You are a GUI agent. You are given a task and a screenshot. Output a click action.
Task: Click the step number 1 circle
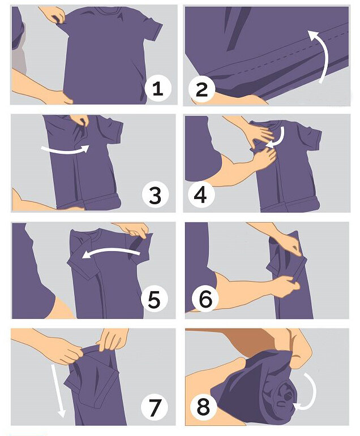[x=158, y=89]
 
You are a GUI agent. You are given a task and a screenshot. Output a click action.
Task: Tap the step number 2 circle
[x=202, y=89]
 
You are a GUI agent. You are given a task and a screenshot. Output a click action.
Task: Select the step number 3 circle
[x=155, y=195]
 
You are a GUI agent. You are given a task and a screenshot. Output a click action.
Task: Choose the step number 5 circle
[x=155, y=300]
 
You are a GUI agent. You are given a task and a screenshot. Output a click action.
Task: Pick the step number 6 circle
[x=205, y=299]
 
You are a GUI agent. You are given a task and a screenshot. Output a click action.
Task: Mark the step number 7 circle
[x=155, y=407]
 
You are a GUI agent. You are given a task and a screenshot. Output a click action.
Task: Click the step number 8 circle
[x=203, y=407]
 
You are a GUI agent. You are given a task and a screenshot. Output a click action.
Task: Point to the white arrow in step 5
[x=112, y=251]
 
